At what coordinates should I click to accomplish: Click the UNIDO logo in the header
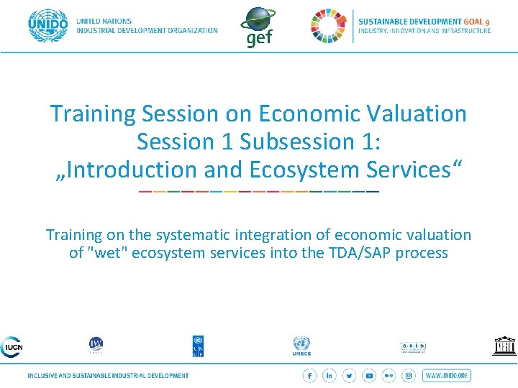point(47,26)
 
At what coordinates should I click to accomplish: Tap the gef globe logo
point(258,27)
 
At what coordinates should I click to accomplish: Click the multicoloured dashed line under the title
point(258,192)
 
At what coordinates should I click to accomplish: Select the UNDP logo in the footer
point(198,346)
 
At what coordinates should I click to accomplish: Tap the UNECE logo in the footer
point(301,346)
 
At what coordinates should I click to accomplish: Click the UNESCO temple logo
point(504,346)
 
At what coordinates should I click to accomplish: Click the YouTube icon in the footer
point(369,376)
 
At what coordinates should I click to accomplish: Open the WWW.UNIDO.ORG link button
point(447,376)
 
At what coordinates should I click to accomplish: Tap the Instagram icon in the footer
point(409,376)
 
